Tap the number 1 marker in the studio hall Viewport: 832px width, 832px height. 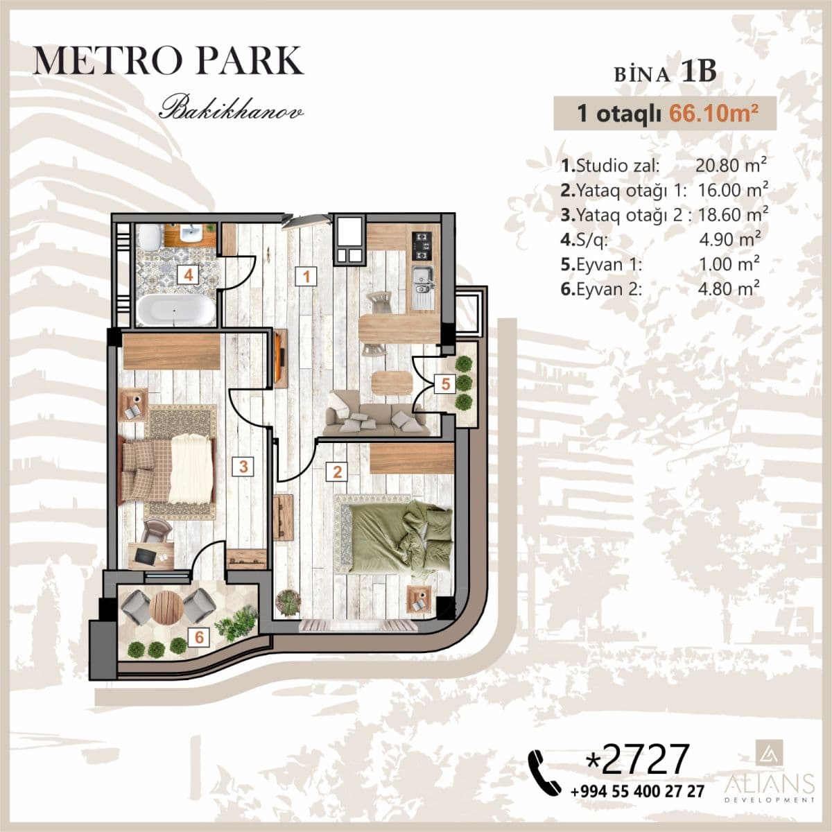click(x=306, y=277)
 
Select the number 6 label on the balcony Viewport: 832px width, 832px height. click(x=199, y=637)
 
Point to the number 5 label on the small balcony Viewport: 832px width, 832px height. click(x=445, y=383)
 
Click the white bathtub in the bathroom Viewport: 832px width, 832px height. click(x=175, y=309)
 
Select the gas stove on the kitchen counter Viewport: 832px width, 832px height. click(x=421, y=246)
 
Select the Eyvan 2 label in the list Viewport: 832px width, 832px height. click(x=601, y=289)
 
